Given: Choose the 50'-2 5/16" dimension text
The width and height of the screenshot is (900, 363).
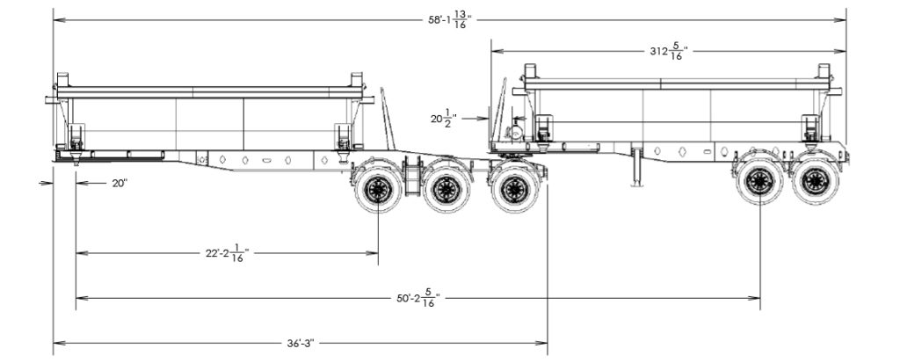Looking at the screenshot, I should pyautogui.click(x=417, y=297).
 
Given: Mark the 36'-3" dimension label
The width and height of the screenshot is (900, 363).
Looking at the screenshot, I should pyautogui.click(x=299, y=342).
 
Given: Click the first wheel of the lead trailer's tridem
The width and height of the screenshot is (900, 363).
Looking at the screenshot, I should pyautogui.click(x=378, y=188).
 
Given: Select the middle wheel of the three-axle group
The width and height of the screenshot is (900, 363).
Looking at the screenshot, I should pyautogui.click(x=446, y=188).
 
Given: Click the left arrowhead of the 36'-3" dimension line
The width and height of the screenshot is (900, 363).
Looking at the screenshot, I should pyautogui.click(x=57, y=342).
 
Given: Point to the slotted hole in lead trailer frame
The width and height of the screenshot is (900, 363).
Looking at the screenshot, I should pyautogui.click(x=265, y=160).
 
